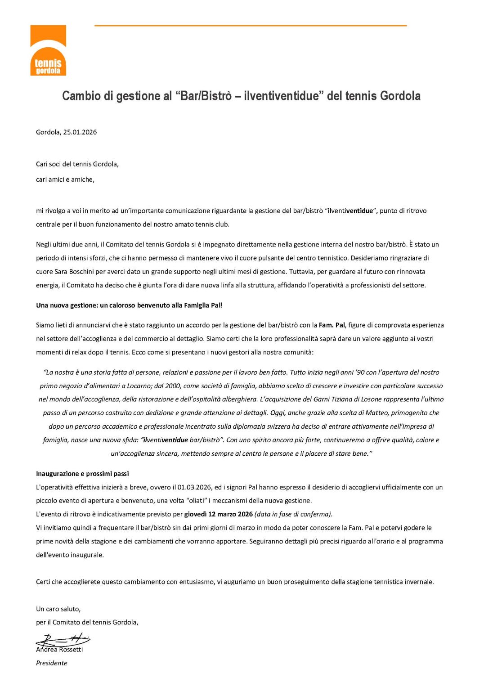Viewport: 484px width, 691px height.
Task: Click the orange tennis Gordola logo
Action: pyautogui.click(x=48, y=50)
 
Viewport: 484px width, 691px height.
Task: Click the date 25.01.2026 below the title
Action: pyautogui.click(x=80, y=132)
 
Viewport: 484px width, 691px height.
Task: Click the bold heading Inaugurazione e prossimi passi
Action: pyautogui.click(x=82, y=474)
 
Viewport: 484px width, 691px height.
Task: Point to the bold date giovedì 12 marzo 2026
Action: pyautogui.click(x=218, y=514)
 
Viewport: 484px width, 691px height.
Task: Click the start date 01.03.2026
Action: pyautogui.click(x=195, y=487)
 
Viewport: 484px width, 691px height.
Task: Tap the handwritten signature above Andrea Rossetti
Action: pyautogui.click(x=63, y=639)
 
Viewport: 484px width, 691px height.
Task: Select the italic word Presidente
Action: pyautogui.click(x=51, y=663)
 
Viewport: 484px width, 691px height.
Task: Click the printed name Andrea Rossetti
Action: pyautogui.click(x=59, y=650)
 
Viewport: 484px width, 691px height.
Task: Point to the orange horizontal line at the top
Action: pyautogui.click(x=250, y=26)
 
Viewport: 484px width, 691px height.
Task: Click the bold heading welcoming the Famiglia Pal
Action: pyautogui.click(x=129, y=305)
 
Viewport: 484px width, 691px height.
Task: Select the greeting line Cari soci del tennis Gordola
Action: pyautogui.click(x=77, y=164)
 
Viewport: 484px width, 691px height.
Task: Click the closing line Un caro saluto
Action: pyautogui.click(x=58, y=609)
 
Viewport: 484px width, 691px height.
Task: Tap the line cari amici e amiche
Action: pyautogui.click(x=65, y=179)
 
